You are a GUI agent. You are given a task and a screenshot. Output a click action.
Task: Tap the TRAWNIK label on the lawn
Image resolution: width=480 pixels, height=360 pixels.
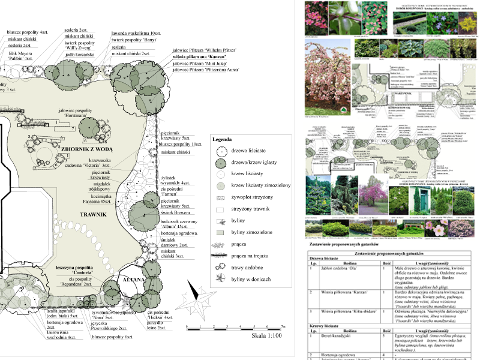(x=92, y=214)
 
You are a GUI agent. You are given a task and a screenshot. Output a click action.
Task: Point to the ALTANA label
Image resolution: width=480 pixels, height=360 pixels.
(x=134, y=280)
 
